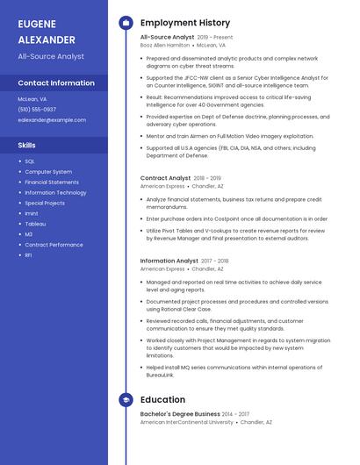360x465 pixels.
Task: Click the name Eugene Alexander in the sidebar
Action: pos(47,31)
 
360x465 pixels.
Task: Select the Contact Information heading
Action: pos(56,83)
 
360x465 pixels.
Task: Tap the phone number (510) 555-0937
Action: pos(37,110)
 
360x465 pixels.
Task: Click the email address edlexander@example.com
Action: pos(46,119)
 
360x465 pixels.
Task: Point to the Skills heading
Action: pos(27,145)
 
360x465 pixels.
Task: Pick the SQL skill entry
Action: pos(30,161)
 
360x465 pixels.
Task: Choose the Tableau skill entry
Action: pos(35,224)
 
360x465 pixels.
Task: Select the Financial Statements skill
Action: pos(52,182)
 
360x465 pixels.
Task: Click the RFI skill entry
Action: pos(28,255)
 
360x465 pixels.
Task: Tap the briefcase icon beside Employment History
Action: pos(126,23)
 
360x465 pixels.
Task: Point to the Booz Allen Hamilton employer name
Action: pos(165,45)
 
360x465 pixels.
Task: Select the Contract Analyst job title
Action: pos(165,178)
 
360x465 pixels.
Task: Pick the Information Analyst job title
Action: pos(169,261)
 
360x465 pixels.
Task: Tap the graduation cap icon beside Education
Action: pos(126,400)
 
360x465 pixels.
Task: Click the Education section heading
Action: pos(162,400)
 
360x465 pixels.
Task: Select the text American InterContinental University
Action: pos(187,422)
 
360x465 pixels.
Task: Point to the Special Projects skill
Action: pos(45,203)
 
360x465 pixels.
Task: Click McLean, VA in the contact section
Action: pos(32,99)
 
